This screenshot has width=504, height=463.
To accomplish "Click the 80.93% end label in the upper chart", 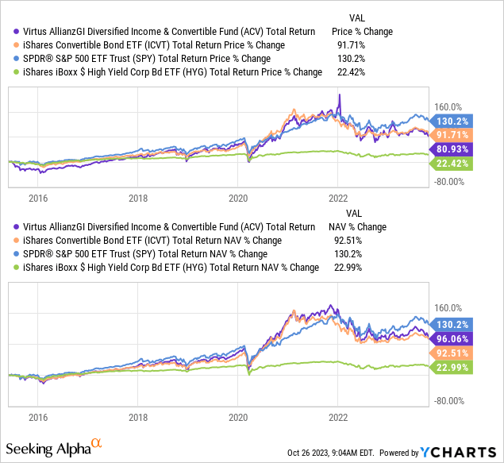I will click(452, 149).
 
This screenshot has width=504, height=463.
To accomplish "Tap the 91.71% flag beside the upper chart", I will click(452, 134).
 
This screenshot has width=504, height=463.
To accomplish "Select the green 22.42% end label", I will click(452, 164).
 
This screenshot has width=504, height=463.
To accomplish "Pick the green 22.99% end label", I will click(452, 366).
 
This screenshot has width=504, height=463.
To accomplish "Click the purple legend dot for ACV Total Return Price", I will click(16, 32).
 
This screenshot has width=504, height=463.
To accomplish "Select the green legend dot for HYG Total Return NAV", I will click(16, 268).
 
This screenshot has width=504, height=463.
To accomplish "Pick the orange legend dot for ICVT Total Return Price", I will click(16, 45).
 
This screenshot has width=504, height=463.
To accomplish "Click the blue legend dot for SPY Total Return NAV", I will click(16, 254).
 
